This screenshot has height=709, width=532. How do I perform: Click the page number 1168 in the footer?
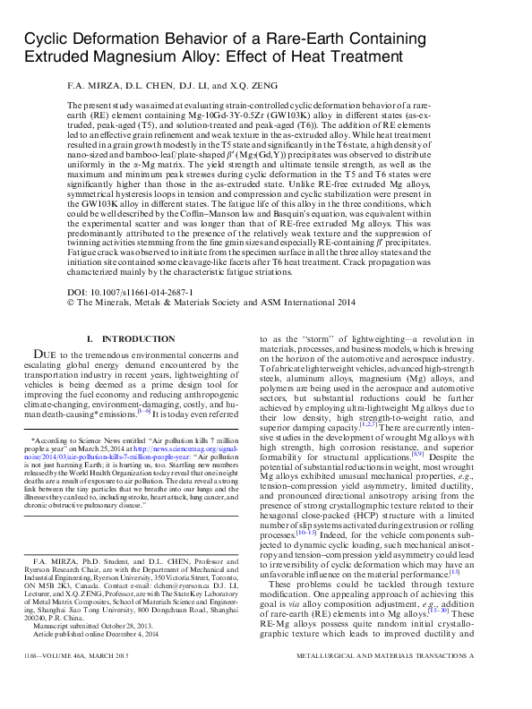33,683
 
